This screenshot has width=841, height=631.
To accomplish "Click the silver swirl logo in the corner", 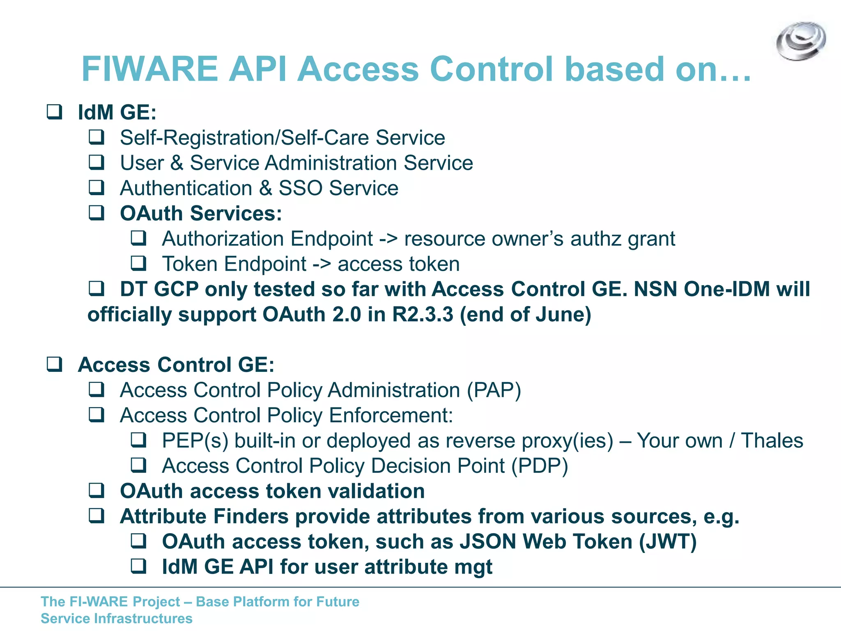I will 801,41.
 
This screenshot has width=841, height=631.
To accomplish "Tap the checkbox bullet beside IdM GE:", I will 54,112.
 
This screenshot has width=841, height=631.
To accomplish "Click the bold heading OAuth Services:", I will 201,214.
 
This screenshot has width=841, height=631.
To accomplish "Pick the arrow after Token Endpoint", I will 322,264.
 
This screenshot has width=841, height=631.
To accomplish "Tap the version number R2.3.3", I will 423,315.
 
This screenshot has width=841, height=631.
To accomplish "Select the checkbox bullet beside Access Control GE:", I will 54,364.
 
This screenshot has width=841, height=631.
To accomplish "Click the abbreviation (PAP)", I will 494,390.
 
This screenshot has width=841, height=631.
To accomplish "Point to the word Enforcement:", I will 391,415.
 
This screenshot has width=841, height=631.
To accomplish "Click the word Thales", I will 772,441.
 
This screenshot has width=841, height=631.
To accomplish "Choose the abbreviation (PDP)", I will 540,466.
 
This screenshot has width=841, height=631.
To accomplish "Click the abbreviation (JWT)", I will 668,542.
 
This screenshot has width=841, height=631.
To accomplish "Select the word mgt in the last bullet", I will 473,567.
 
